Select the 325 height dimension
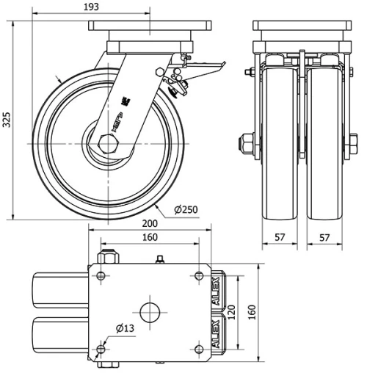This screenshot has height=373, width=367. pos(7,120)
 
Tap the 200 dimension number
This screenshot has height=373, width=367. pos(150,224)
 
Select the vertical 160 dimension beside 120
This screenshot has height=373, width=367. pos(252,314)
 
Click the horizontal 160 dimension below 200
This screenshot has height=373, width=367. pos(150,237)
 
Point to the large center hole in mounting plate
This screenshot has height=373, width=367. pos(150,311)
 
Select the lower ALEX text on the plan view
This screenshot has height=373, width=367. pos(216,332)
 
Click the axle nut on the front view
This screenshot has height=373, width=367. pos(248,140)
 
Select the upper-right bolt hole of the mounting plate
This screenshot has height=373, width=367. pos(198,275)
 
